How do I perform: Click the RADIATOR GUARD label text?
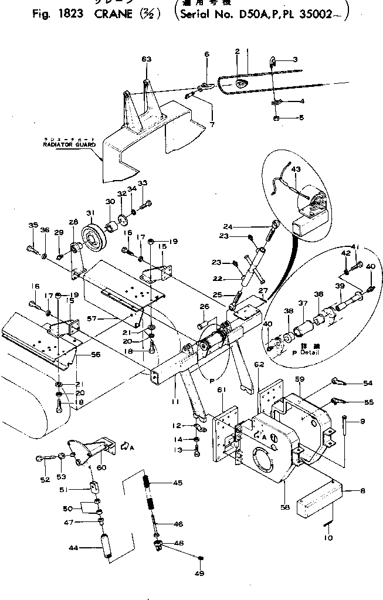69,144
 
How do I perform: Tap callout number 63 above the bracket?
147,59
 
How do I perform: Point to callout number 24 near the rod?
228,226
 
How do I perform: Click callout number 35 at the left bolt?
33,225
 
